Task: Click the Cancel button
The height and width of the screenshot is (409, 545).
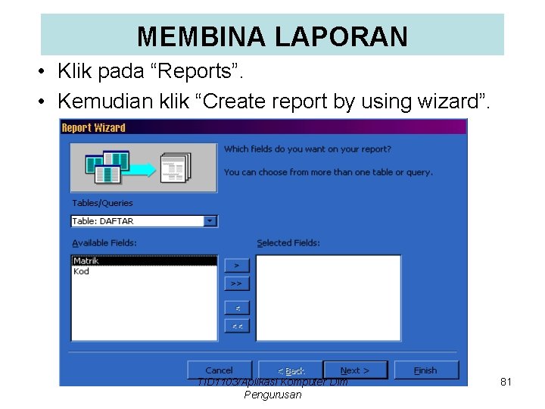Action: click(x=220, y=370)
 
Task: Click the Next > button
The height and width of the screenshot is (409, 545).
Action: click(x=355, y=370)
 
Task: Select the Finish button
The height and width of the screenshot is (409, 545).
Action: click(x=425, y=370)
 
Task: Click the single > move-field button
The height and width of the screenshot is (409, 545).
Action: click(x=237, y=266)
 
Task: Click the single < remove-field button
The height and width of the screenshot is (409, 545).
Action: click(x=237, y=308)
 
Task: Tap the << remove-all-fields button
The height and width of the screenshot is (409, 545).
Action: click(x=237, y=326)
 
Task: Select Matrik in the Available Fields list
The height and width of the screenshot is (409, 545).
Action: click(x=86, y=261)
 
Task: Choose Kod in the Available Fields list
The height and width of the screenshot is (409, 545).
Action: click(x=81, y=271)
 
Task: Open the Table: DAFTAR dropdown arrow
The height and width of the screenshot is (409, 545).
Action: click(x=210, y=221)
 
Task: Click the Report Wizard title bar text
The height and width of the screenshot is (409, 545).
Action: click(x=93, y=127)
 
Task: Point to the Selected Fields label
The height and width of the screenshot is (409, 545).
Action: click(x=288, y=243)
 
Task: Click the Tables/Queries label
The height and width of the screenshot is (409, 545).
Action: click(x=102, y=203)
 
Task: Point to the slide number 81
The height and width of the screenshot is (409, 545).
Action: click(x=506, y=382)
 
